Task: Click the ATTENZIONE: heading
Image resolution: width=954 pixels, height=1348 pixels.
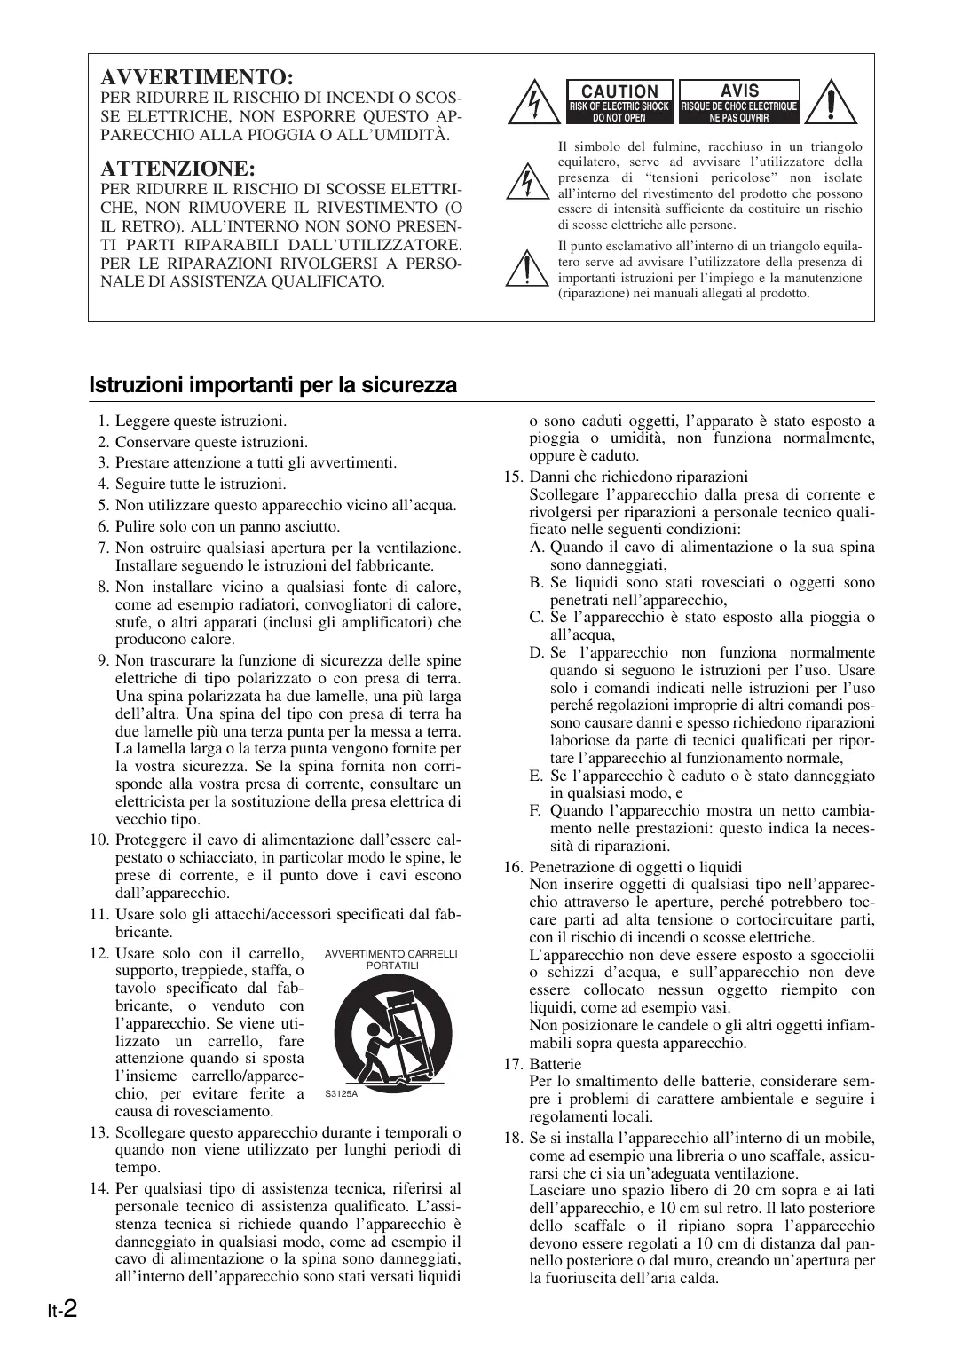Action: [x=178, y=169]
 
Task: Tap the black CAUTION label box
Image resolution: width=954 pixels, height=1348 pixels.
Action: [x=619, y=101]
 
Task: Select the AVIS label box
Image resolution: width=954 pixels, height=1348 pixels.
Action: [x=739, y=101]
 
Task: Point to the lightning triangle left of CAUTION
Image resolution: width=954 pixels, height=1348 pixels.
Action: [x=532, y=104]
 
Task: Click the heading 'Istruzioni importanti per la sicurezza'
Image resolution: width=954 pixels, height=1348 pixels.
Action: [x=273, y=385]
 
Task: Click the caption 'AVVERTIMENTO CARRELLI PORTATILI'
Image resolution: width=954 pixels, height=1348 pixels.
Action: [x=391, y=959]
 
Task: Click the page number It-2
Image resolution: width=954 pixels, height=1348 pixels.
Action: [x=62, y=1309]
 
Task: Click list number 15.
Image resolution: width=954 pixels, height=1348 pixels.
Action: [x=513, y=477]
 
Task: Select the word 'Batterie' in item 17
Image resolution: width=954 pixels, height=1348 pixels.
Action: [x=556, y=1064]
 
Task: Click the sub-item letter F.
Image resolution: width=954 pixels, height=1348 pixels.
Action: [x=535, y=811]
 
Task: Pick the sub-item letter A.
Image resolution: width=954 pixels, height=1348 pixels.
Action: [x=536, y=548]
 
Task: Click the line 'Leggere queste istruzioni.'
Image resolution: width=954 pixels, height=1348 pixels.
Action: [x=201, y=422]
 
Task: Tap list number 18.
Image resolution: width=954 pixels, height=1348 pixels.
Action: [x=513, y=1138]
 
